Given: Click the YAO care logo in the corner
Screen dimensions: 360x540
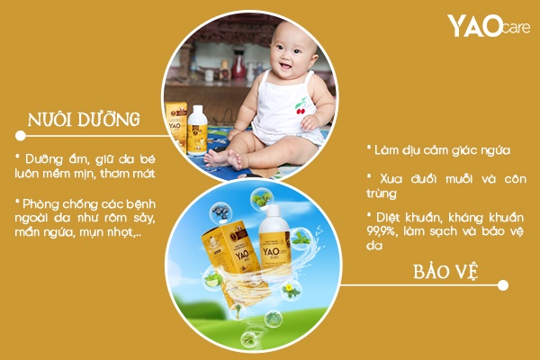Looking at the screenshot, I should point(487,26).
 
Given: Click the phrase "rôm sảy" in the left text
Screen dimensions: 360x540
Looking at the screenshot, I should point(122,218).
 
